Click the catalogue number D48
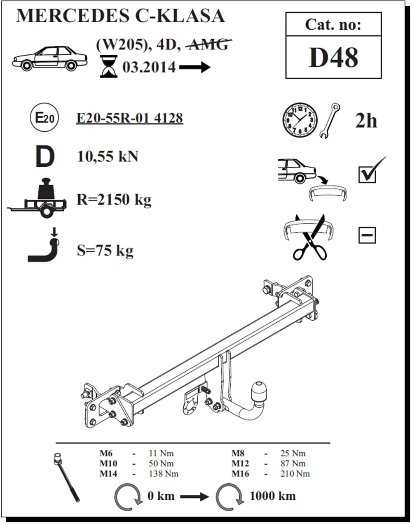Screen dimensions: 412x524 click(x=333, y=57)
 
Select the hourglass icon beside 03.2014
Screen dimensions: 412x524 click(x=109, y=66)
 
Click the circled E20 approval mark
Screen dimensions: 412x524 click(x=44, y=117)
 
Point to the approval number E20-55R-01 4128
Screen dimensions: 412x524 click(x=130, y=118)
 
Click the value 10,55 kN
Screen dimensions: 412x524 click(x=108, y=156)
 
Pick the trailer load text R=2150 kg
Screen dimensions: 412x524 click(x=114, y=200)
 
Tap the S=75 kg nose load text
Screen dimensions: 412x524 click(x=105, y=251)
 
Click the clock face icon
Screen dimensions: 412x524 click(x=300, y=120)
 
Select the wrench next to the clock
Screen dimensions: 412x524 click(x=330, y=121)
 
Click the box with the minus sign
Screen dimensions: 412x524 click(x=367, y=235)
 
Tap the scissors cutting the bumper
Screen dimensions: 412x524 click(x=310, y=238)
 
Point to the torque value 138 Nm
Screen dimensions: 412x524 click(x=164, y=474)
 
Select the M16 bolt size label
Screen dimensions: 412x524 click(x=240, y=474)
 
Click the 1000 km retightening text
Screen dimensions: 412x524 click(x=273, y=496)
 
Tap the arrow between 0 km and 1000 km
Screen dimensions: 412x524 click(x=194, y=496)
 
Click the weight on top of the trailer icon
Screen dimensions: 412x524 click(x=46, y=189)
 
